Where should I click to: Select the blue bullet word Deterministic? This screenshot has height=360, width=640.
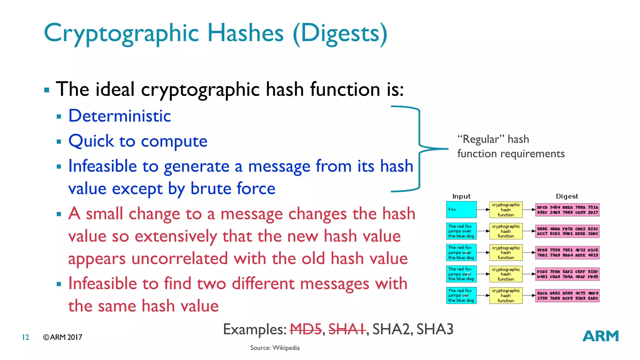[x=119, y=116]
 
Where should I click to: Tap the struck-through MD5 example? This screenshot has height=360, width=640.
[x=306, y=329]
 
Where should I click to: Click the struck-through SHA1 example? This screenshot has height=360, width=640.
[x=347, y=329]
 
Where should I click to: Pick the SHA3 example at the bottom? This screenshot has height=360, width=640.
[x=435, y=329]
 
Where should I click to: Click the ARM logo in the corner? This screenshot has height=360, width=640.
[x=600, y=336]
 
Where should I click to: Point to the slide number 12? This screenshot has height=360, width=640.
[x=26, y=337]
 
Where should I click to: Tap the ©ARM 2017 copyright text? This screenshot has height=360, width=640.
[x=62, y=337]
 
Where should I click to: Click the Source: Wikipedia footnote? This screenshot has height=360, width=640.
[x=275, y=348]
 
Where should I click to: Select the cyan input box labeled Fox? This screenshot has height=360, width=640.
[x=461, y=209]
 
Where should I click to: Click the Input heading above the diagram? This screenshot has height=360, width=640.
[x=461, y=196]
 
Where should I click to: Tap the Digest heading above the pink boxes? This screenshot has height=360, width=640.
[x=567, y=196]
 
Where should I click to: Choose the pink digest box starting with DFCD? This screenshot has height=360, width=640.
[x=567, y=210]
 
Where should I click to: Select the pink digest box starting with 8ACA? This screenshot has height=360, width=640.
[x=567, y=296]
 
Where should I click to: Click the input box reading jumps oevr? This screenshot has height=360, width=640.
[x=461, y=274]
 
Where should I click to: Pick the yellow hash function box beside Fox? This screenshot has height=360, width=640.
[x=506, y=210]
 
